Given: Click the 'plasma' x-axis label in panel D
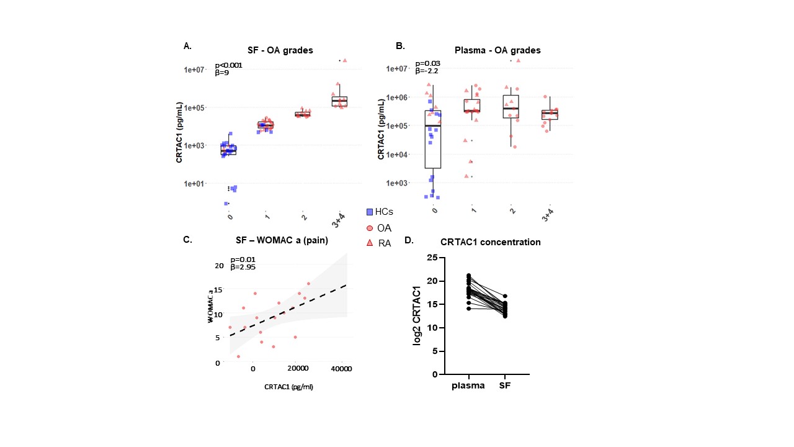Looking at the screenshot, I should (x=468, y=385).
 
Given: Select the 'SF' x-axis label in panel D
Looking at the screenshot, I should (x=505, y=385).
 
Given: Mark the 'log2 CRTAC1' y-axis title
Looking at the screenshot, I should (x=417, y=317).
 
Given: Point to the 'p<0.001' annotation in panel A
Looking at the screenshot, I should (x=228, y=65).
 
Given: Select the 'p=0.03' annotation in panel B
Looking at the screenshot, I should (x=427, y=63).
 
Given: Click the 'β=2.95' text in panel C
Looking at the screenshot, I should (x=243, y=267).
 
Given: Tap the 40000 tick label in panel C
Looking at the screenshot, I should (x=341, y=369).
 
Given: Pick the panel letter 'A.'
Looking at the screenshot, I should (x=187, y=46).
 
